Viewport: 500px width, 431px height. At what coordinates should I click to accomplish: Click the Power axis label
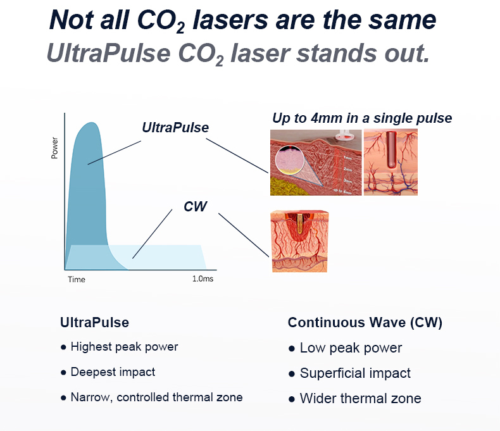(x=54, y=148)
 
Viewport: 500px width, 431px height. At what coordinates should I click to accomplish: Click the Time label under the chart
(x=76, y=279)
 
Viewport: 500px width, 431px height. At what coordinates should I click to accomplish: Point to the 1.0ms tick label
(x=203, y=278)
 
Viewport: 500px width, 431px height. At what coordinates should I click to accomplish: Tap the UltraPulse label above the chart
(x=175, y=127)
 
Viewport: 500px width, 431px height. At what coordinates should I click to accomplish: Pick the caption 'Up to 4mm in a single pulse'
(x=362, y=118)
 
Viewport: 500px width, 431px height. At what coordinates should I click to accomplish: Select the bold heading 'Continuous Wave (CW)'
(x=365, y=323)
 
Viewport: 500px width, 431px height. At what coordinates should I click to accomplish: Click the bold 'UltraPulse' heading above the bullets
(x=94, y=323)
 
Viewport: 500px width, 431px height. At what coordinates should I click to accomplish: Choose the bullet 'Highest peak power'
(x=124, y=347)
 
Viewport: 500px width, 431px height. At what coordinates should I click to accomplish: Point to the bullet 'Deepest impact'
(x=113, y=372)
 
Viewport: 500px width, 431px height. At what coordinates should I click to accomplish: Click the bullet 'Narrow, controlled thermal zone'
(x=156, y=397)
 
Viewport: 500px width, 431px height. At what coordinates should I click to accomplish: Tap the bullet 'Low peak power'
(x=351, y=348)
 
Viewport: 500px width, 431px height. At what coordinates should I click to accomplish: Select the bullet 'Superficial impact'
(x=355, y=373)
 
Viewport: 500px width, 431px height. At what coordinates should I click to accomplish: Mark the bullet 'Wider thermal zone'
(x=360, y=399)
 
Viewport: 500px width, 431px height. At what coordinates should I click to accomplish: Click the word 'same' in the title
(x=402, y=21)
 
